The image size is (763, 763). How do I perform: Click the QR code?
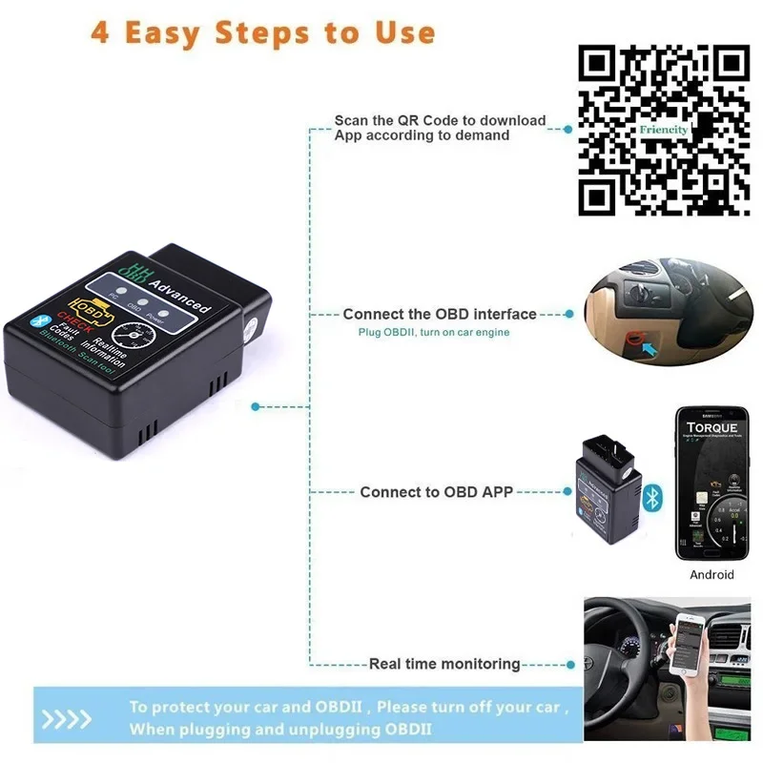pyautogui.click(x=665, y=131)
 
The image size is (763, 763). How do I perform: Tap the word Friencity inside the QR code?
pyautogui.click(x=664, y=129)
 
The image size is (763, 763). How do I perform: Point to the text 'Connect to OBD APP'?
pyautogui.click(x=436, y=492)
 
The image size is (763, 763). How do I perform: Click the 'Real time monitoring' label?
pyautogui.click(x=444, y=664)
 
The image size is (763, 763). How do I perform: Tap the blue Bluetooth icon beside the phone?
pyautogui.click(x=652, y=496)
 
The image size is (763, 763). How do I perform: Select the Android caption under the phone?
pyautogui.click(x=711, y=574)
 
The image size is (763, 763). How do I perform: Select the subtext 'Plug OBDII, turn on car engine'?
pyautogui.click(x=434, y=332)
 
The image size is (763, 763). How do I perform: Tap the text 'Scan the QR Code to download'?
pyautogui.click(x=440, y=120)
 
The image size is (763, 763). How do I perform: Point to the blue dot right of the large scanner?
pyautogui.click(x=255, y=406)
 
